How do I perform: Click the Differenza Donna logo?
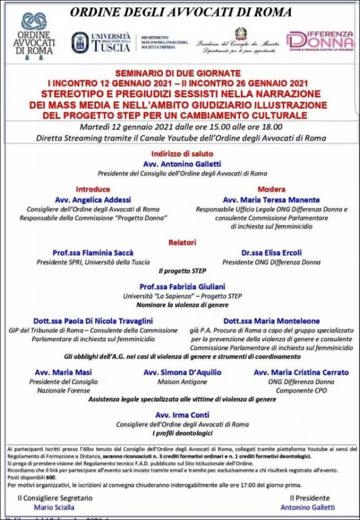tap(320, 40)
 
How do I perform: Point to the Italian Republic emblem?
tap(240, 34)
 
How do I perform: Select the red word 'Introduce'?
tap(93, 189)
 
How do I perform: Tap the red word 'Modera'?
tap(271, 189)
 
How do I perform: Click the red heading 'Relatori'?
tap(182, 242)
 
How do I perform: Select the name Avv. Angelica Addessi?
tap(93, 200)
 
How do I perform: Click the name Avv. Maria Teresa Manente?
tap(271, 200)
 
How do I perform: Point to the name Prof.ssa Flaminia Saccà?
tap(93, 253)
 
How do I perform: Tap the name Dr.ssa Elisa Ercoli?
tap(271, 253)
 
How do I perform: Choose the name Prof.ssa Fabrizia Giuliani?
tap(182, 287)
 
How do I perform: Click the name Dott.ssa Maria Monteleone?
tap(272, 321)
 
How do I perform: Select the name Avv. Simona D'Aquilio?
tap(182, 372)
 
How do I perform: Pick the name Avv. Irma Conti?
tap(182, 415)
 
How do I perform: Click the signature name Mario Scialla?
tap(55, 507)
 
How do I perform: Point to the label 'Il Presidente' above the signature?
tap(310, 498)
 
